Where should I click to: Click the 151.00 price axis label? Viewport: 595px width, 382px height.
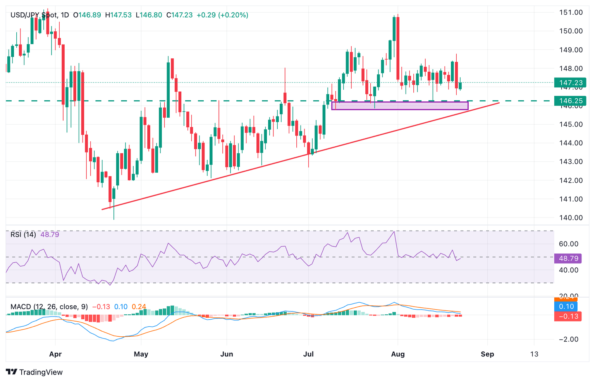571,12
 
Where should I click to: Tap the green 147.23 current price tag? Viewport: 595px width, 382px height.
570,83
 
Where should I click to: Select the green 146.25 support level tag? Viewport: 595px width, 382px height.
570,101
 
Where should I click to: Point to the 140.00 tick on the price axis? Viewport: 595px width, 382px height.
571,218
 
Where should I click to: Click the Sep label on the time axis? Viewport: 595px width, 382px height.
487,354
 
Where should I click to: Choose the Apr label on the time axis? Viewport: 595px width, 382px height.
55,354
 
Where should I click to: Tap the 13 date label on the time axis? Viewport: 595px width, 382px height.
534,354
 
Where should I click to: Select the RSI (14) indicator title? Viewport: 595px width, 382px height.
23,235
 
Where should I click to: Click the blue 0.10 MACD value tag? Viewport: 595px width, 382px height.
566,307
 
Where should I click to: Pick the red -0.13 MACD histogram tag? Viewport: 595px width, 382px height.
566,316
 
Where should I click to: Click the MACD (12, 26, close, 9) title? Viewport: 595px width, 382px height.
49,307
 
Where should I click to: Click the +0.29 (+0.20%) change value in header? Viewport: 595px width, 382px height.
222,15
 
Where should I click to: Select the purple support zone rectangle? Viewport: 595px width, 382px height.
400,106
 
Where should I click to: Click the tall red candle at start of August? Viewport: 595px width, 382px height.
398,48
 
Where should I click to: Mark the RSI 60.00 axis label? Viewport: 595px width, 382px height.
568,244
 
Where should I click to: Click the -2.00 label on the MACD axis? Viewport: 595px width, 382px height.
568,339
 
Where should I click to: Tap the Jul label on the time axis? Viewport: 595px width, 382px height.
308,354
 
